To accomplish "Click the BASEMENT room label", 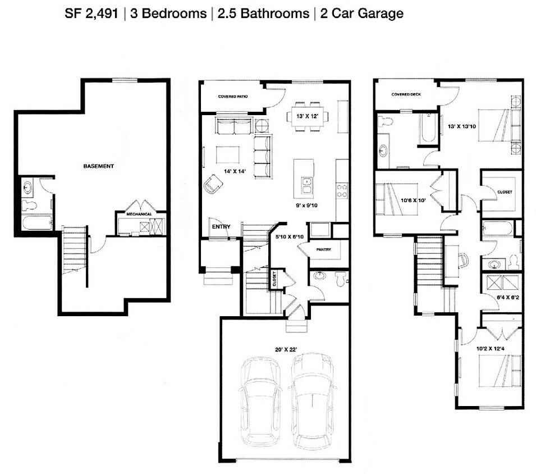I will click(99, 166).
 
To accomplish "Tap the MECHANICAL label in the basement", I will click(139, 214).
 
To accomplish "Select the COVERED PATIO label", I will click(233, 97).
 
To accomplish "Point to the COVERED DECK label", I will click(406, 94).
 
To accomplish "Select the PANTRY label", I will click(323, 249).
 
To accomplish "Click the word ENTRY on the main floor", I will click(221, 227).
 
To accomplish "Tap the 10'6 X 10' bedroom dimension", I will click(414, 199).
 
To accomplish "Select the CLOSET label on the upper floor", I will click(505, 192).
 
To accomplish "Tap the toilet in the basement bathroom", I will click(29, 206).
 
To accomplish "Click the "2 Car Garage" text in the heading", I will click(361, 14).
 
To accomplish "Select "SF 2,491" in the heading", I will click(91, 14).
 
